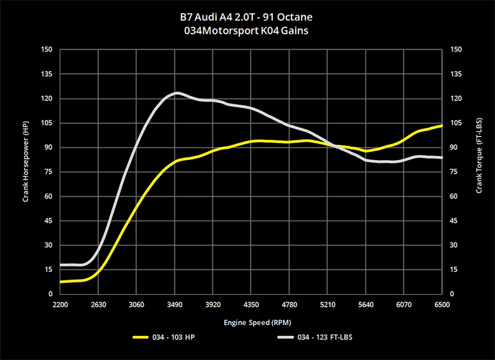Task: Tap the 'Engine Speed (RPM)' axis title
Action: pyautogui.click(x=251, y=321)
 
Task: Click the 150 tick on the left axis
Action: pyautogui.click(x=47, y=49)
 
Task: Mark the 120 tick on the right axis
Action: pyautogui.click(x=455, y=98)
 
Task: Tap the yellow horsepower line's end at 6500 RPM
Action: pyautogui.click(x=441, y=126)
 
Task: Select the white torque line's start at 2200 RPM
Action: pyautogui.click(x=61, y=265)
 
